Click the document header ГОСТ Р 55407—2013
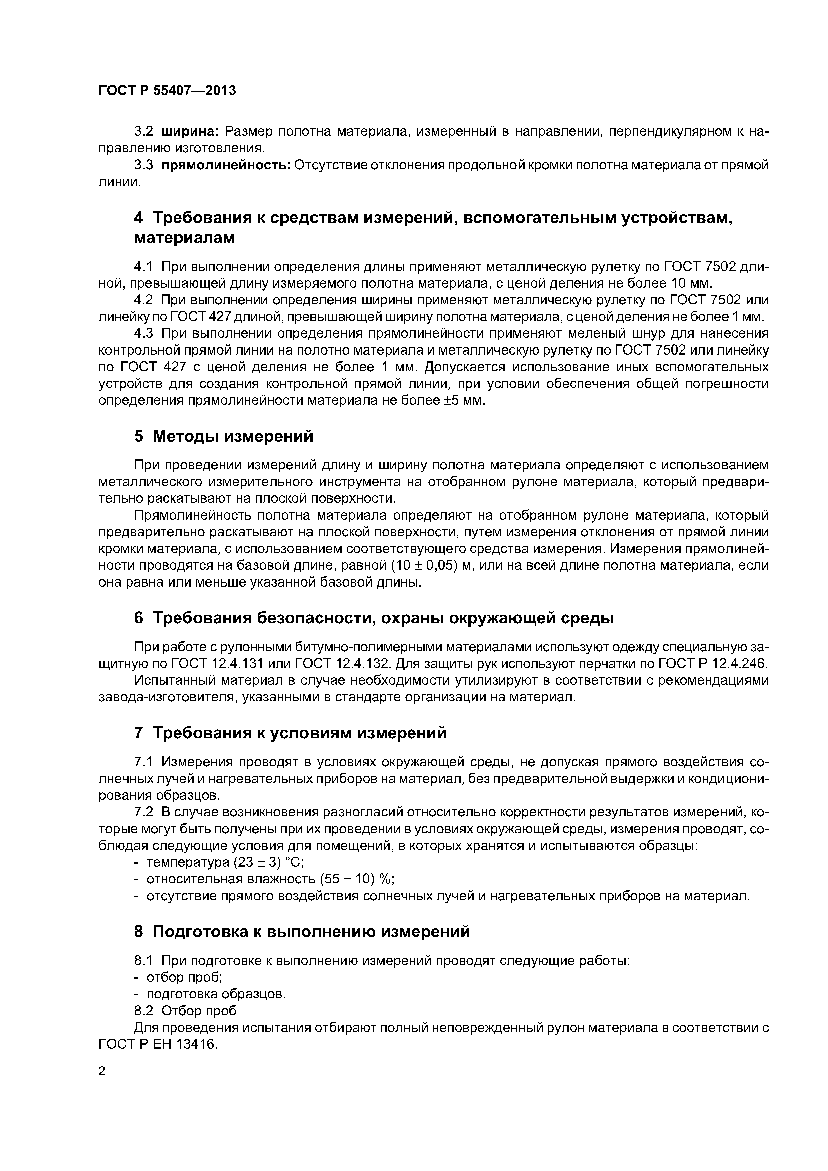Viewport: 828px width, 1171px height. [x=167, y=91]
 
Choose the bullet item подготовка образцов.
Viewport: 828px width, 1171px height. [x=216, y=994]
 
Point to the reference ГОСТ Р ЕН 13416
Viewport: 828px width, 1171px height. [x=158, y=1044]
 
